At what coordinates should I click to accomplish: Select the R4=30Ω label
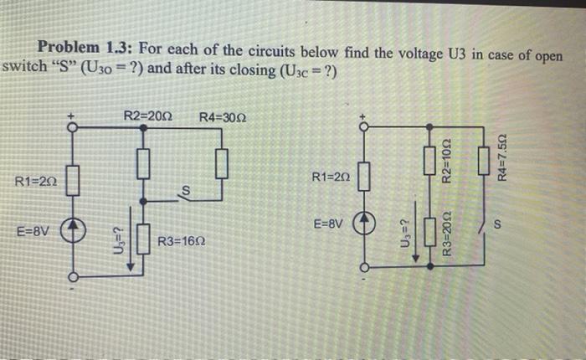tap(221, 116)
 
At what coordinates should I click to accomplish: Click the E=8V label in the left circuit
tap(33, 227)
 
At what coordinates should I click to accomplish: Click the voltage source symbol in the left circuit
tap(72, 229)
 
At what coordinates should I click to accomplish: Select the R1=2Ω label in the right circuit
tap(330, 177)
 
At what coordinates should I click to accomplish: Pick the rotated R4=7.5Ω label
tap(502, 159)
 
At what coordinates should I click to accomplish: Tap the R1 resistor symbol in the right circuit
tap(363, 177)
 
